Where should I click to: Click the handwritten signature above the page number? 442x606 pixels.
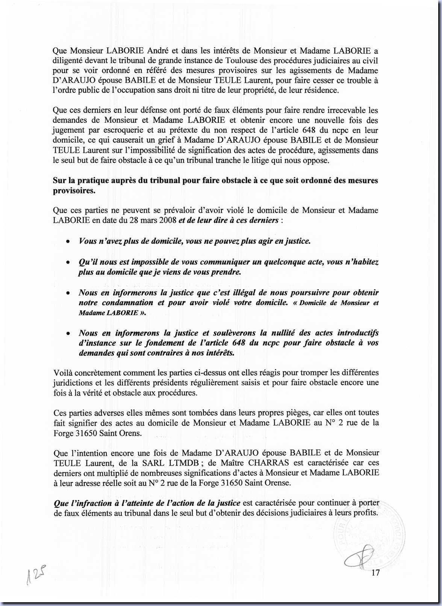359,559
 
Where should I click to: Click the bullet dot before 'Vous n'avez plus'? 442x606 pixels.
68,242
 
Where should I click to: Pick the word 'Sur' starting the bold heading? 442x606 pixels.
59,180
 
